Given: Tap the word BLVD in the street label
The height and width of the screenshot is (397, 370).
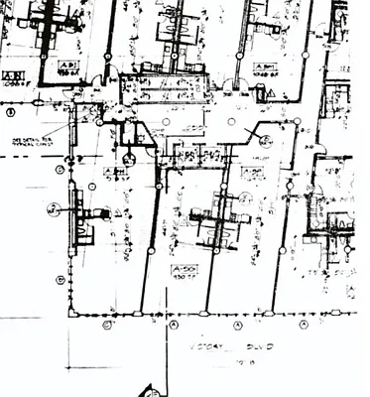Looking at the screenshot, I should [x=260, y=348].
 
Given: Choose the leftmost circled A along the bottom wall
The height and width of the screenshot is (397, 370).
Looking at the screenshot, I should [x=175, y=325].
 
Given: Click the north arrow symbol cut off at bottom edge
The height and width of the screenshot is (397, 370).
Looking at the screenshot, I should [x=150, y=391].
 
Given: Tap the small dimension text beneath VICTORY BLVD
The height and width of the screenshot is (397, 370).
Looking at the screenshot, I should [x=238, y=364].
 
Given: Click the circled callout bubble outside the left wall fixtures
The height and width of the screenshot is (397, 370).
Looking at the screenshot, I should [x=54, y=209].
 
